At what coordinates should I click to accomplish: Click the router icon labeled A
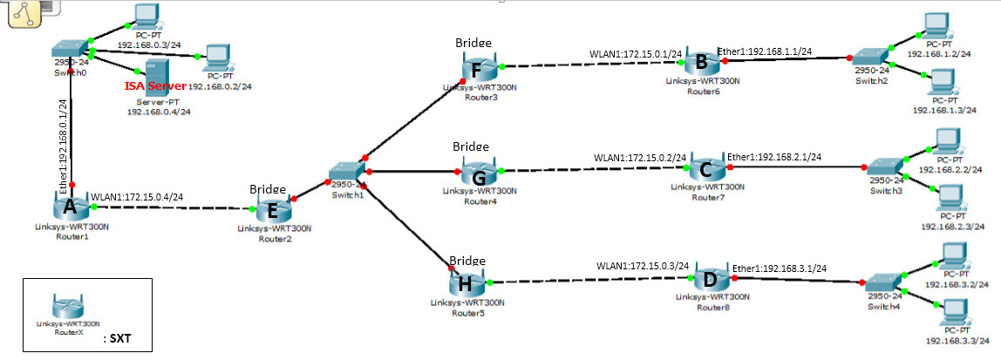tap(69, 207)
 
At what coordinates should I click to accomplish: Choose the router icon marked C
tap(707, 166)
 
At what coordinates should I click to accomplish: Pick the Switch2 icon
tap(869, 58)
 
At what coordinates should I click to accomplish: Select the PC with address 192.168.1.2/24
tap(937, 25)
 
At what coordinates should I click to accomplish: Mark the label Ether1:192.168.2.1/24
tap(773, 157)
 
